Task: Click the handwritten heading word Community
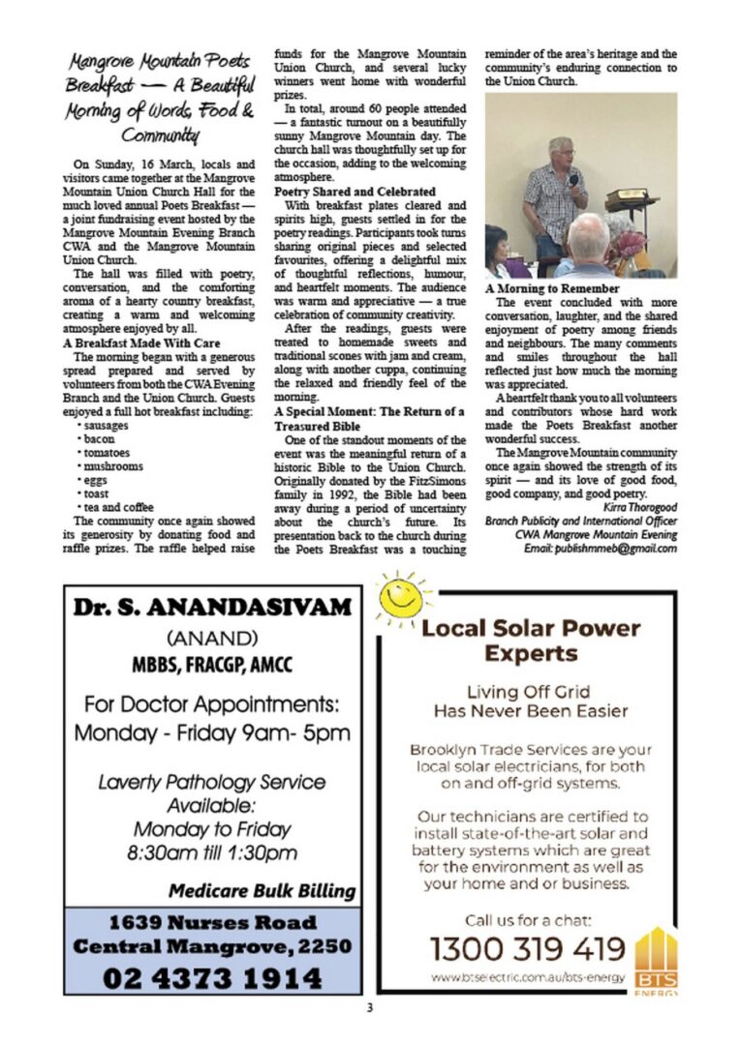click(162, 134)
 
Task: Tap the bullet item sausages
click(101, 426)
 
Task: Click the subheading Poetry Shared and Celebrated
click(355, 192)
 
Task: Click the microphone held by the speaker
click(573, 181)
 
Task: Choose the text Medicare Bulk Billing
click(262, 890)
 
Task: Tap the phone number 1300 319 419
click(527, 947)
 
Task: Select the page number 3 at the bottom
click(369, 1008)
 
